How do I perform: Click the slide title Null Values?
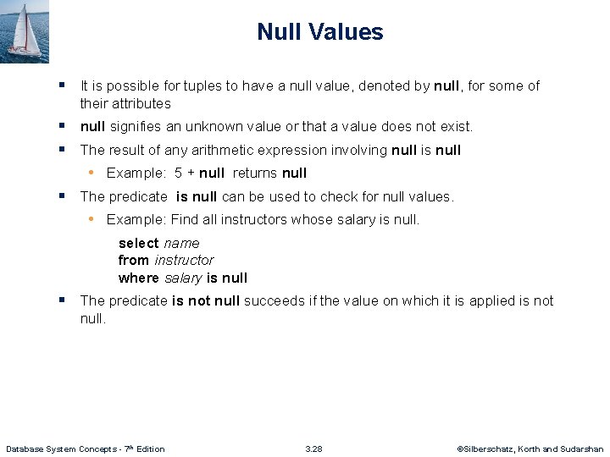point(319,32)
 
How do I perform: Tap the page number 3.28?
point(313,449)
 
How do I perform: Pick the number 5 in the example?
point(178,173)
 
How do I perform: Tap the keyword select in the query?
point(138,243)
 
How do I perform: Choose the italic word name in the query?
point(181,243)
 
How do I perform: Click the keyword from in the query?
point(133,260)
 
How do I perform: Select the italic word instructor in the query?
point(183,260)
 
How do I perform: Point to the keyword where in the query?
point(138,278)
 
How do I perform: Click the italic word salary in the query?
point(182,278)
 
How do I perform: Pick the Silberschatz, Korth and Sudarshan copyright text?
point(530,449)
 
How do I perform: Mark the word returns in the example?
point(253,173)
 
